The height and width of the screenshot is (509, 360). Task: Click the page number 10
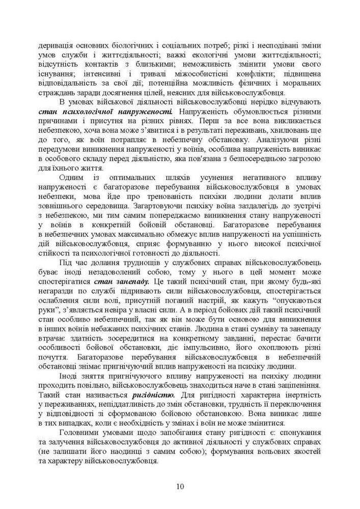180,486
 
